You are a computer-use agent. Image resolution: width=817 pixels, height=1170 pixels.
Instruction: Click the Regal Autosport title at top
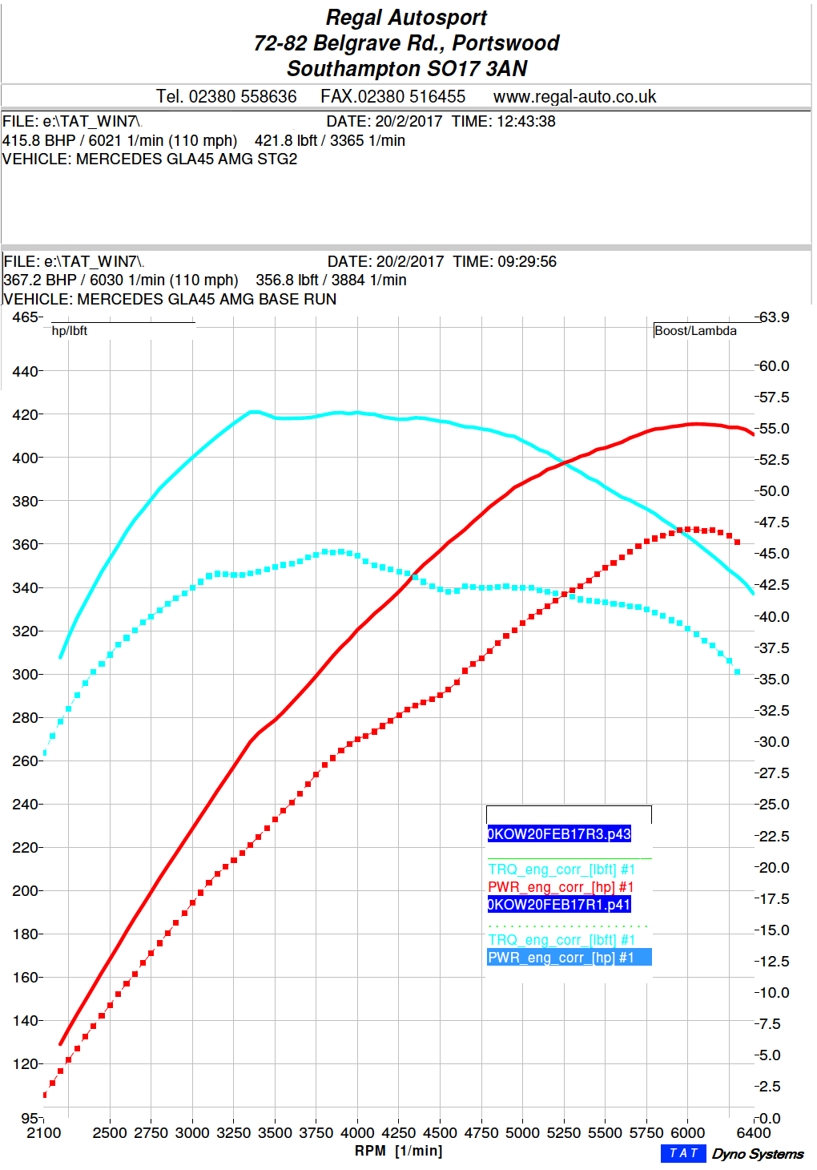coord(406,18)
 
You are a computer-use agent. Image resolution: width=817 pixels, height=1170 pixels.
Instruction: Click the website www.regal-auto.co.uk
coord(574,97)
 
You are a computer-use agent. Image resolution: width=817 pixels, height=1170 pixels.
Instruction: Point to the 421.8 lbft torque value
coord(286,140)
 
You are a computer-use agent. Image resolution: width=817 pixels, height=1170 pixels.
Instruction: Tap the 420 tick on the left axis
coord(25,415)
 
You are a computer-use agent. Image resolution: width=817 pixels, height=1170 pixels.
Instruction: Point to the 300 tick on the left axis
coord(25,675)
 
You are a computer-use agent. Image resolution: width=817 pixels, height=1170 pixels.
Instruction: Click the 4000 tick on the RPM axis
coord(357,1133)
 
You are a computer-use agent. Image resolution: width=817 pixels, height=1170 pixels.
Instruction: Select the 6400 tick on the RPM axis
coord(753,1133)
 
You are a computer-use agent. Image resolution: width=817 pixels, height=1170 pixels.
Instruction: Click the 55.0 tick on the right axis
coord(774,429)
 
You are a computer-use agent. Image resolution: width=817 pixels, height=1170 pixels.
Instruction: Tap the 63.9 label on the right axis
coord(774,317)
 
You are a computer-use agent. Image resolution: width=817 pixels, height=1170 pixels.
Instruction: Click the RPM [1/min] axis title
coord(398,1152)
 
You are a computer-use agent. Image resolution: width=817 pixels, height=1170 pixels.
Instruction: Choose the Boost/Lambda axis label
coord(695,331)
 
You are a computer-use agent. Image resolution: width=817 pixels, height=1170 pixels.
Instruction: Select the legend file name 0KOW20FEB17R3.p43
coord(559,834)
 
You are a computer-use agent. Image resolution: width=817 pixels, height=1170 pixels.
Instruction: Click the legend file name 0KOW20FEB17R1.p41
coord(559,905)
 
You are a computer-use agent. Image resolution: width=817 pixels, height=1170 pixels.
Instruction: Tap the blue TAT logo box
coord(683,1153)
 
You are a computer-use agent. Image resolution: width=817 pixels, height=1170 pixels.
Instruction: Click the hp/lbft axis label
coord(69,331)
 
